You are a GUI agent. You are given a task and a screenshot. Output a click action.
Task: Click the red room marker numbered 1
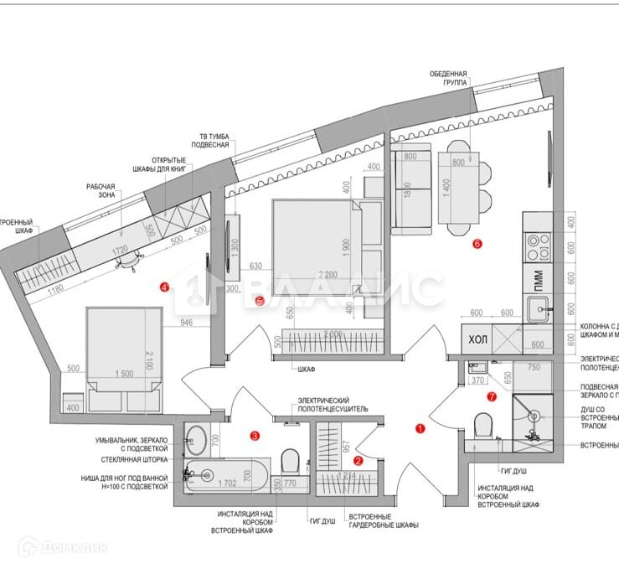tap(420, 427)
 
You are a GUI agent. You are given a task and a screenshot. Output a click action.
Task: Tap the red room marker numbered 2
tap(359, 460)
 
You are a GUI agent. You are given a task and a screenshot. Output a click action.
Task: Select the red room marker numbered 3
tap(255, 435)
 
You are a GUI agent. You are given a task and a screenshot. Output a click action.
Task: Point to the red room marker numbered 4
tap(164, 287)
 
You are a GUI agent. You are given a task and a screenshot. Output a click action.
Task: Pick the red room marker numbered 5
tap(260, 301)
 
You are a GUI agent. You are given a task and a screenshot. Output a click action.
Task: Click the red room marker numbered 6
tap(477, 245)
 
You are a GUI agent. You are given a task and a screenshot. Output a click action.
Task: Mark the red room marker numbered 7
tap(492, 396)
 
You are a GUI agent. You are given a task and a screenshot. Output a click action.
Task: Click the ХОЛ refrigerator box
tap(477, 340)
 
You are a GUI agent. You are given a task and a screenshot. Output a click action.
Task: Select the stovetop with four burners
tap(537, 246)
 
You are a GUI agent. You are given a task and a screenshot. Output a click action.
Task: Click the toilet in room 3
tap(290, 461)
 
